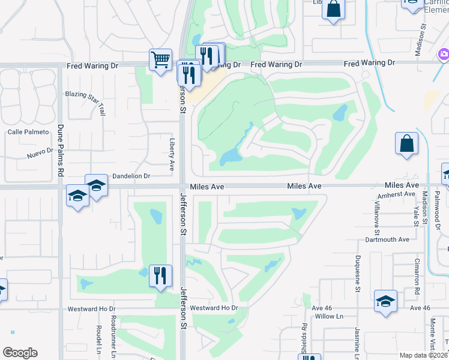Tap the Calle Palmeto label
pyautogui.click(x=28, y=132)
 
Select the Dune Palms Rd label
pyautogui.click(x=60, y=150)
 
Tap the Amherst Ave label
pyautogui.click(x=396, y=194)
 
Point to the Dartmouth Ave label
pyautogui.click(x=387, y=239)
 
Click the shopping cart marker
pyautogui.click(x=160, y=60)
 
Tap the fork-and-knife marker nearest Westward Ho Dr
pyautogui.click(x=160, y=276)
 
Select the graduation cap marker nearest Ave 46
pyautogui.click(x=385, y=301)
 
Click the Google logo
pyautogui.click(x=20, y=353)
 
